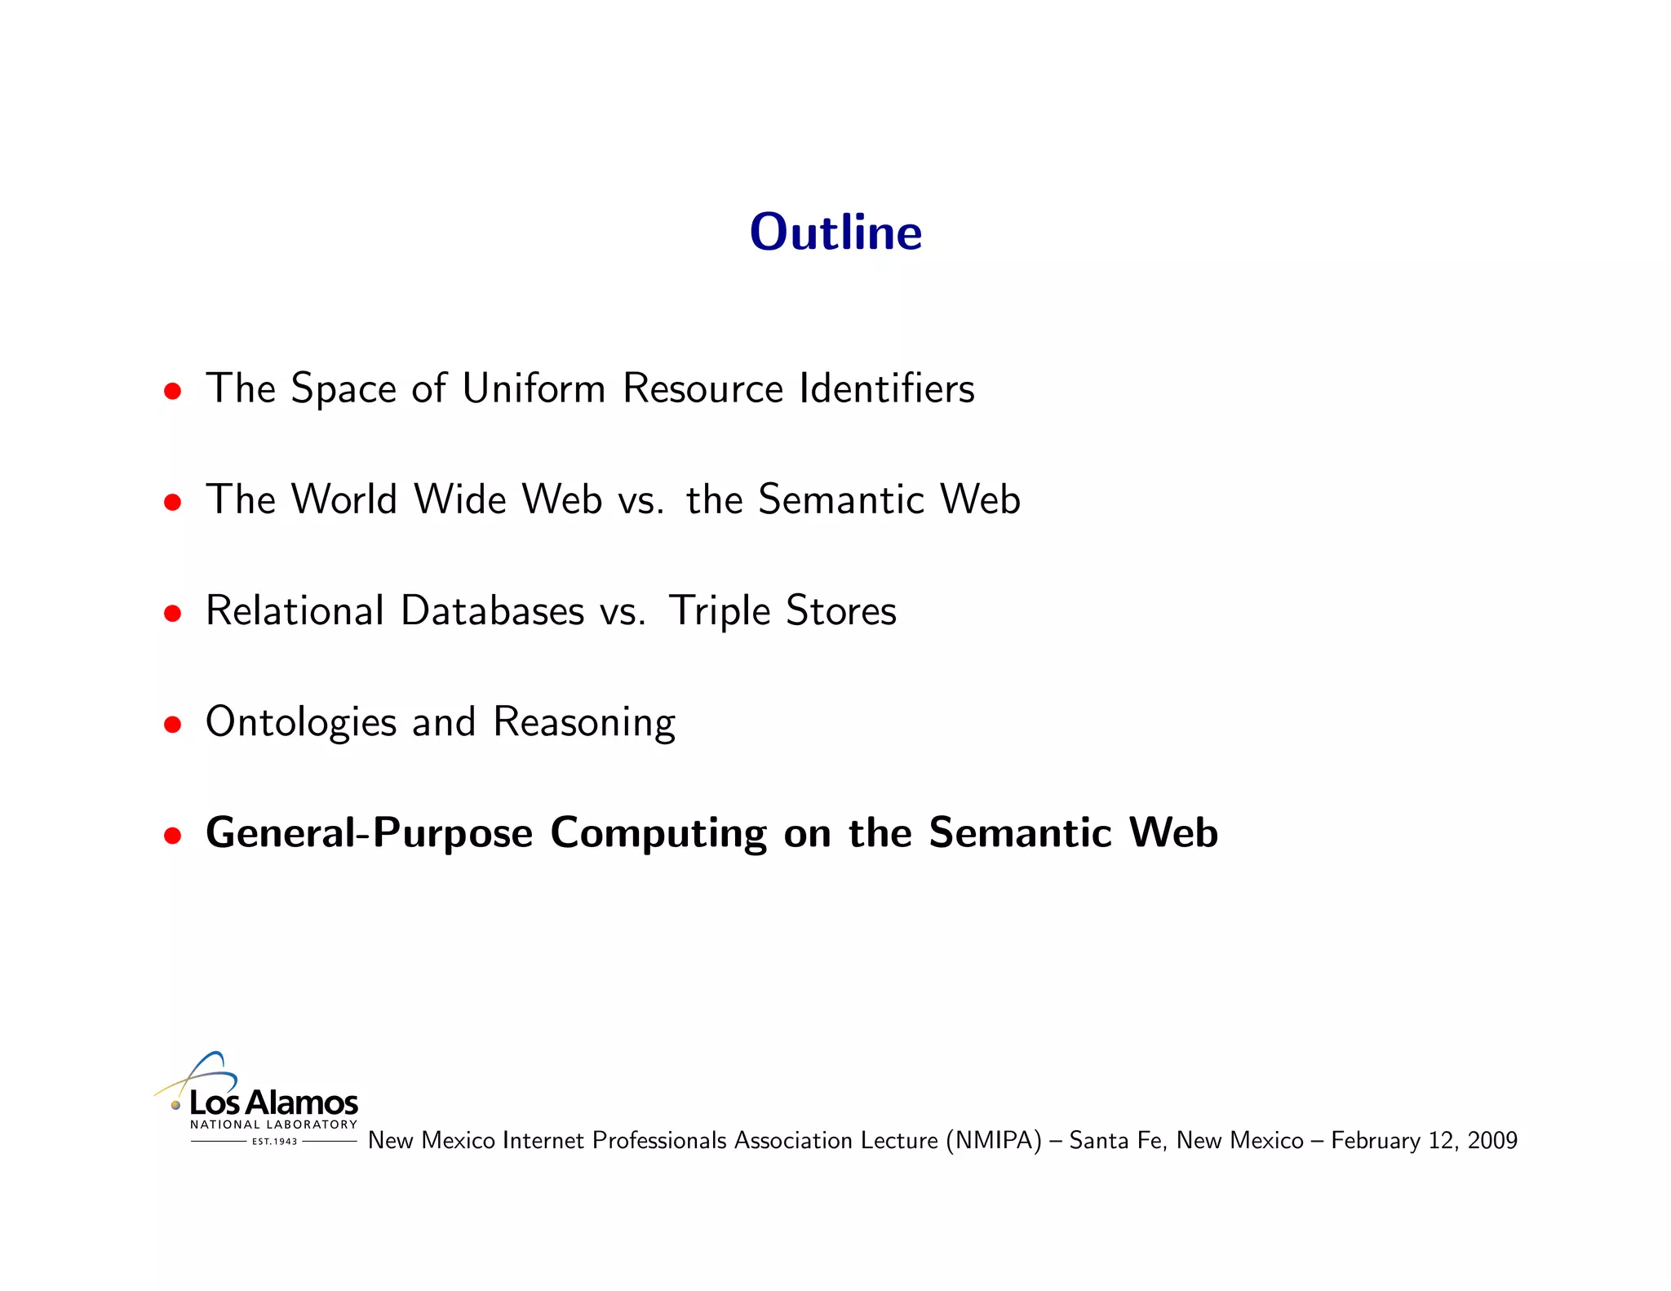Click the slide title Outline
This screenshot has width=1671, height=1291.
[x=835, y=233]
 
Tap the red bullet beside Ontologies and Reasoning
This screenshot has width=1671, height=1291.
[x=172, y=724]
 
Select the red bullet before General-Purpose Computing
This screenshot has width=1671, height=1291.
[x=172, y=835]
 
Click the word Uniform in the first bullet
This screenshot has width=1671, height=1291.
[x=534, y=388]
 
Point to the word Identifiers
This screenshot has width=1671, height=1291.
[x=887, y=388]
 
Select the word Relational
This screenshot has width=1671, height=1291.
[x=295, y=610]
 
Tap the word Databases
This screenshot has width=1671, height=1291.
[x=493, y=610]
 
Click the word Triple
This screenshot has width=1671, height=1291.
[x=719, y=612]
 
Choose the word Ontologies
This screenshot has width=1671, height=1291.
[x=301, y=723]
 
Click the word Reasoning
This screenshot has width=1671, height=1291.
[x=584, y=723]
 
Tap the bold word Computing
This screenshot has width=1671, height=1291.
[x=658, y=834]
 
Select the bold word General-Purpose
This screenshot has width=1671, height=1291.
[x=369, y=834]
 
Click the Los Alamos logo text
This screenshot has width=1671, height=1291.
[x=273, y=1102]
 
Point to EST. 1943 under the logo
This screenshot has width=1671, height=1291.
[x=274, y=1142]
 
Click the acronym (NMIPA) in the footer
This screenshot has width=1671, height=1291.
[x=994, y=1140]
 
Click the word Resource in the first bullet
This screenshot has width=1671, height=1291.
[x=703, y=388]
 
